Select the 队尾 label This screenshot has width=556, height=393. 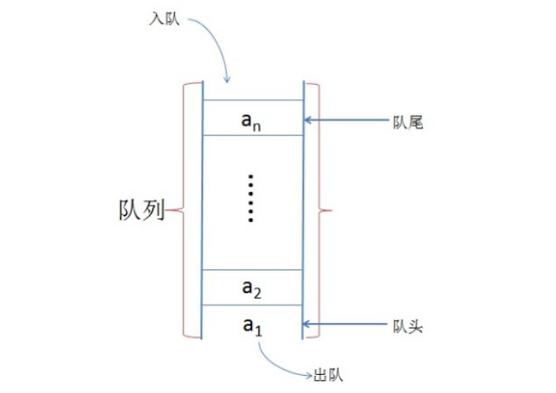click(408, 121)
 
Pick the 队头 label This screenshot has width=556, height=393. click(408, 324)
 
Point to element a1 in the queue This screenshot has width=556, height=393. click(251, 325)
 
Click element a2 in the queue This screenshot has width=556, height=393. click(251, 288)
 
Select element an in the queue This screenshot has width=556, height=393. click(251, 120)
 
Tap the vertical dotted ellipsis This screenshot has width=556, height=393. click(251, 198)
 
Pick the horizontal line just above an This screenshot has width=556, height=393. click(253, 100)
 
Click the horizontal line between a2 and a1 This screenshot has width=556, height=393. click(253, 305)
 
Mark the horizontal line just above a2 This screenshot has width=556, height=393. click(253, 271)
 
